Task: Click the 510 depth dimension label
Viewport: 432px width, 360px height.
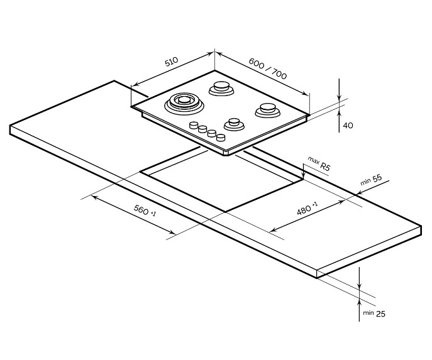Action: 172,62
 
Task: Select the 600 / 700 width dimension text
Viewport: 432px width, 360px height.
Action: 267,68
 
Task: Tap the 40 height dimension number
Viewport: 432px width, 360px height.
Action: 348,126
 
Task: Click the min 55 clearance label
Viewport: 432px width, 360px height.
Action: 371,180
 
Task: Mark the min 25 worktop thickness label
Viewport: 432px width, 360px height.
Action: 374,314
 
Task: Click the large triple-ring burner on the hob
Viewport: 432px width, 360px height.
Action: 184,103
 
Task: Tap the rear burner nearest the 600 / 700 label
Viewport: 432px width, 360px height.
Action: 221,88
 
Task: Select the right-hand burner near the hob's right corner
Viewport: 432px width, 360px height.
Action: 267,110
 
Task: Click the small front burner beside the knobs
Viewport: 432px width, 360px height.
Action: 234,124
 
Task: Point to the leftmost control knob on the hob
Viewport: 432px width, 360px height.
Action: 194,125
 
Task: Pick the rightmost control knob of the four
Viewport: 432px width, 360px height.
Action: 221,137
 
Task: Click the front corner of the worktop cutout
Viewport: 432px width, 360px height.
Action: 226,212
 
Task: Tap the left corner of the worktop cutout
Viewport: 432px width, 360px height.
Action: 140,172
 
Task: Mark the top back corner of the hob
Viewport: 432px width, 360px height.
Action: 214,70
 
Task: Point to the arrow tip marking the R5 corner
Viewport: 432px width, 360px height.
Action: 303,178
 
